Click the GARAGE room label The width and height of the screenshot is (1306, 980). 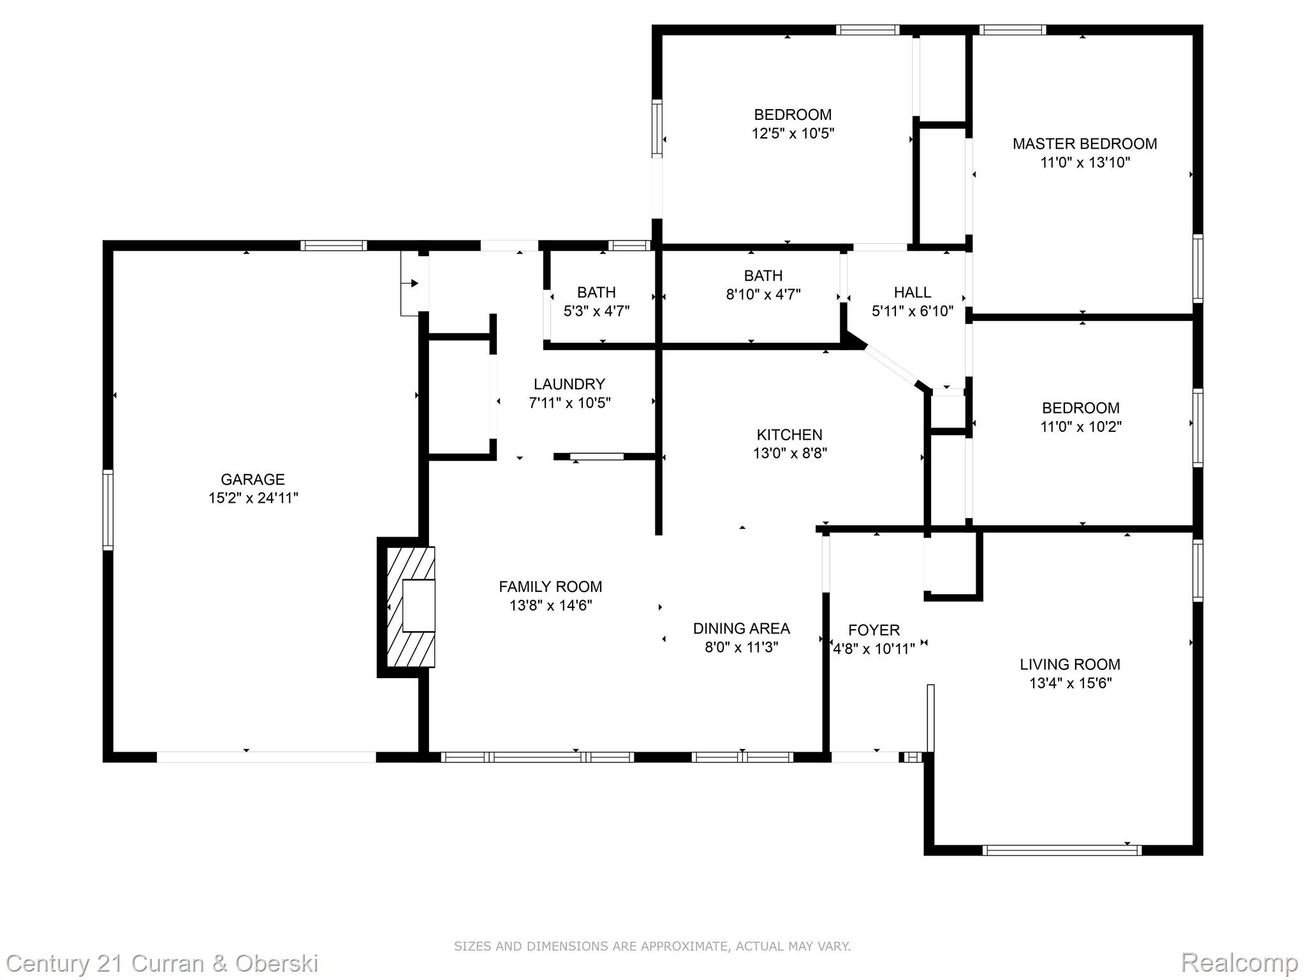pos(253,479)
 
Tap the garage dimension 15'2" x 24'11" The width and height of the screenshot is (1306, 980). pos(253,498)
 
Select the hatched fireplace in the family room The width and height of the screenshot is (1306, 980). pos(411,607)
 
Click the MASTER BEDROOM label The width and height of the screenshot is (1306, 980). pos(1085,144)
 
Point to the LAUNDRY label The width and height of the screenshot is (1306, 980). pos(569,384)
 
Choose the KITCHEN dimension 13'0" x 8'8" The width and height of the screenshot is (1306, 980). pos(790,453)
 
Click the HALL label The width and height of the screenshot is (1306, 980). pos(913,292)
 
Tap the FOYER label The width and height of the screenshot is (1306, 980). pos(874,630)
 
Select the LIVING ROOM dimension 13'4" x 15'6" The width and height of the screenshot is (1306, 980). pos(1071,683)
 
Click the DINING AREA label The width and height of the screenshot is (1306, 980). pos(742,628)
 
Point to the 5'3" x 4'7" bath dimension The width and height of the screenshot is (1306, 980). pos(597,311)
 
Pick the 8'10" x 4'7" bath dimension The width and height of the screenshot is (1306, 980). pos(763,294)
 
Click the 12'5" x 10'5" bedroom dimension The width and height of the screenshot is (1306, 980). pos(793,133)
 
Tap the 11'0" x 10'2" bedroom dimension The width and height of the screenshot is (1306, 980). pos(1081,426)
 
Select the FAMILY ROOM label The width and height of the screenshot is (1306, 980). pos(550,586)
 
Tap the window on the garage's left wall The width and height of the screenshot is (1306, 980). pos(108,510)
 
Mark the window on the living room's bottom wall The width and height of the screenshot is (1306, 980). pos(1062,850)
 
